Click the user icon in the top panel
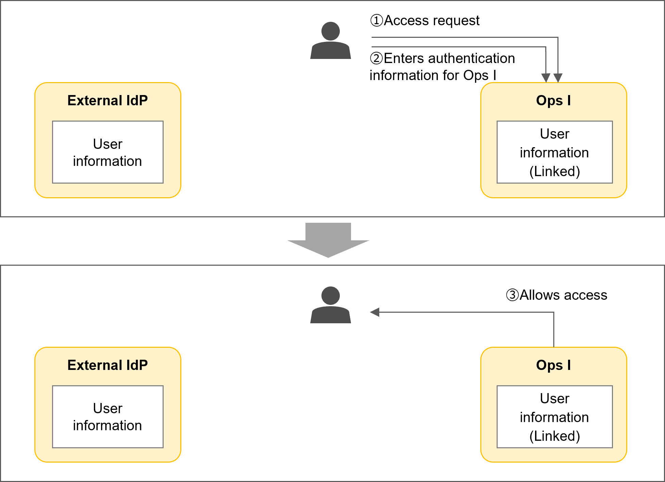click(x=330, y=41)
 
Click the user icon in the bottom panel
click(x=330, y=305)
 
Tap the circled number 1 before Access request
click(x=377, y=20)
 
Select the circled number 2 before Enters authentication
click(x=377, y=58)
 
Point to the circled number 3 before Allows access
click(x=512, y=295)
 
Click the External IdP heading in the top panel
click(x=107, y=100)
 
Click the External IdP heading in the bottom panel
click(x=107, y=365)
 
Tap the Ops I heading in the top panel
click(x=553, y=100)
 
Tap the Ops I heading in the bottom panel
click(x=553, y=365)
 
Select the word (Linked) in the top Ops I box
click(x=554, y=171)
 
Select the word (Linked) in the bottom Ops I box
click(x=554, y=436)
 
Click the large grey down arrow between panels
click(x=328, y=240)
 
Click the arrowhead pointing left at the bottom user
click(x=375, y=312)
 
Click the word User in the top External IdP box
click(x=107, y=144)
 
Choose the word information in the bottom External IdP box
click(x=107, y=425)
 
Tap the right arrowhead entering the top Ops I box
click(x=558, y=78)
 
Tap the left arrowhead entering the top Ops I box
click(x=546, y=78)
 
